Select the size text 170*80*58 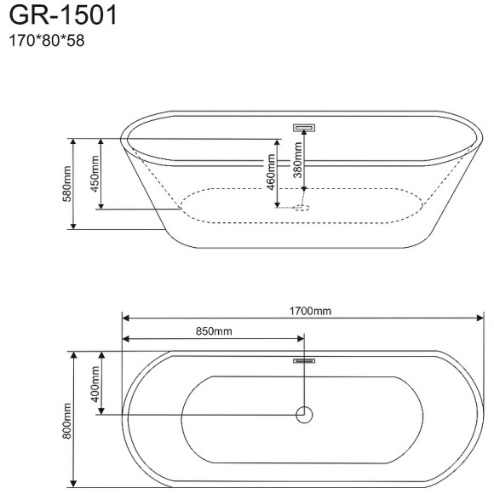pyautogui.click(x=46, y=39)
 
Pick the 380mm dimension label pyautogui.click(x=297, y=158)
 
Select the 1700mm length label pyautogui.click(x=310, y=311)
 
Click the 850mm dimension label pyautogui.click(x=213, y=330)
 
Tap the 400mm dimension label pyautogui.click(x=95, y=383)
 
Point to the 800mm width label pyautogui.click(x=66, y=421)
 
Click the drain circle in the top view pyautogui.click(x=304, y=415)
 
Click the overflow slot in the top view pyautogui.click(x=304, y=361)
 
